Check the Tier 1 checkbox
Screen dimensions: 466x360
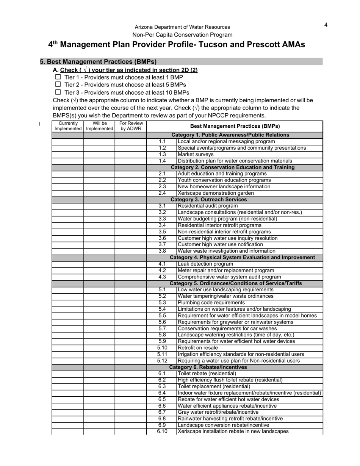pyautogui.click(x=58, y=77)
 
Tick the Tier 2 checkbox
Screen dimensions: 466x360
pyautogui.click(x=58, y=84)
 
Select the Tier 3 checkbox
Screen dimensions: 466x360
pyautogui.click(x=58, y=92)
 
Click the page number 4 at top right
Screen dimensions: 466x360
pyautogui.click(x=326, y=25)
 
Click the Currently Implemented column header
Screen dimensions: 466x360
pyautogui.click(x=68, y=126)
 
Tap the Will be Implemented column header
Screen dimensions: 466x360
pyautogui.click(x=99, y=126)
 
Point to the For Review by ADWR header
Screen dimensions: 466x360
pyautogui.click(x=131, y=126)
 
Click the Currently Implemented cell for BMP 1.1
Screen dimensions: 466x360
pyautogui.click(x=67, y=142)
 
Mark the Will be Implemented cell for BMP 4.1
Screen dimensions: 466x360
pyautogui.click(x=99, y=264)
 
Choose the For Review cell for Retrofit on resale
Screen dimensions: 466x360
pyautogui.click(x=131, y=348)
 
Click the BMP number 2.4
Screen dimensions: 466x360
pyautogui.click(x=162, y=193)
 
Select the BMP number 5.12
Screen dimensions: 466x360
pyautogui.click(x=162, y=361)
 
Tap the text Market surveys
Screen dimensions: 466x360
pyautogui.click(x=196, y=155)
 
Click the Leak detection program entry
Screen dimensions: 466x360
pyautogui.click(x=205, y=264)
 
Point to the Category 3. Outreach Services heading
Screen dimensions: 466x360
pyautogui.click(x=209, y=200)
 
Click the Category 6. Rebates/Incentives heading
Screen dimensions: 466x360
pyautogui.click(x=208, y=367)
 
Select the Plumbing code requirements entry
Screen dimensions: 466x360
pyautogui.click(x=211, y=303)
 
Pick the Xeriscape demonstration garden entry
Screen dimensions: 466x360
pyautogui.click(x=216, y=193)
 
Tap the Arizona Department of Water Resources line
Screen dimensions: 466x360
pyautogui.click(x=182, y=27)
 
